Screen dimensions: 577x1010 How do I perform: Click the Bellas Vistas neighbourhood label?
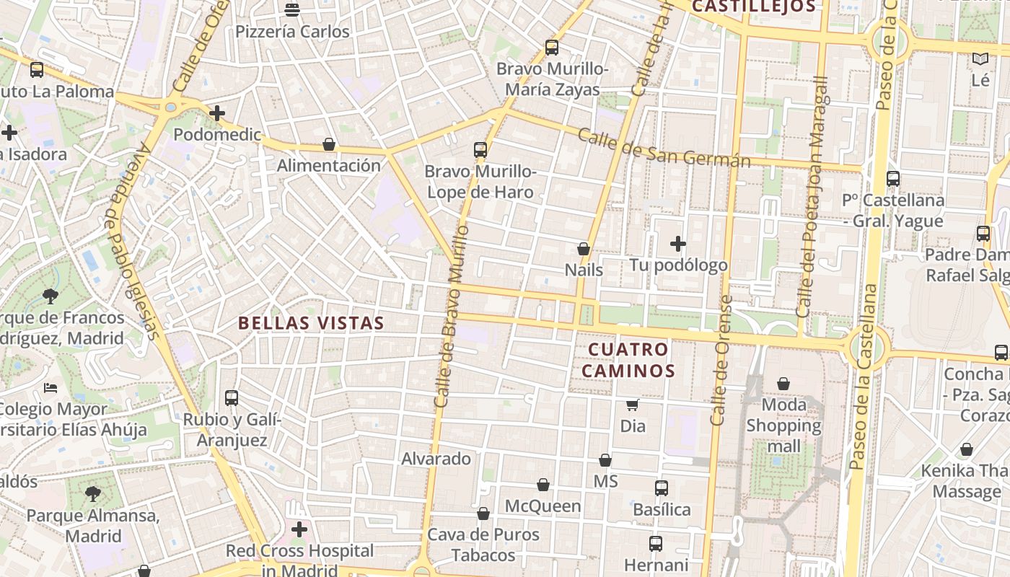pyautogui.click(x=311, y=323)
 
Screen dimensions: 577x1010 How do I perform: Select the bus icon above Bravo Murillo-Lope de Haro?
pyautogui.click(x=480, y=150)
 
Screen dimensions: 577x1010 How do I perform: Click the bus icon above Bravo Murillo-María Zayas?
pyautogui.click(x=552, y=48)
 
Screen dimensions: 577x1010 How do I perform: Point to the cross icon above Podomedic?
pyautogui.click(x=217, y=113)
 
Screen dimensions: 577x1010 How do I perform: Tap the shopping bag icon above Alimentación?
pyautogui.click(x=329, y=144)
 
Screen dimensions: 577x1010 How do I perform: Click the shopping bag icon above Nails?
pyautogui.click(x=584, y=249)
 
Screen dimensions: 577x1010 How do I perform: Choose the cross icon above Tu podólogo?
pyautogui.click(x=678, y=244)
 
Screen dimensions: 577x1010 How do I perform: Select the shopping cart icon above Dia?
pyautogui.click(x=633, y=405)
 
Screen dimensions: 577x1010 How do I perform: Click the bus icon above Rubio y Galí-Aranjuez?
pyautogui.click(x=232, y=397)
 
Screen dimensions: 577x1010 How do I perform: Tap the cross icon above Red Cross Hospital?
pyautogui.click(x=299, y=530)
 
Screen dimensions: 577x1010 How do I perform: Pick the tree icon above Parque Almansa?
pyautogui.click(x=92, y=494)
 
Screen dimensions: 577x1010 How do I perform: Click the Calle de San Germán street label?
pyautogui.click(x=664, y=149)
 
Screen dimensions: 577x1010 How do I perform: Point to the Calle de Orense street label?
pyautogui.click(x=721, y=361)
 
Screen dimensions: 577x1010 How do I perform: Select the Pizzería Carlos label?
pyautogui.click(x=292, y=32)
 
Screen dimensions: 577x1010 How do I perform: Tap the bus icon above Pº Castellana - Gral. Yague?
pyautogui.click(x=893, y=178)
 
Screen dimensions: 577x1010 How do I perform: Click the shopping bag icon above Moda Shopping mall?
pyautogui.click(x=783, y=384)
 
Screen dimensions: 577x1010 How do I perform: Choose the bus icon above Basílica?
pyautogui.click(x=662, y=488)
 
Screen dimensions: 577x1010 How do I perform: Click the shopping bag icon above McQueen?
pyautogui.click(x=543, y=485)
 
